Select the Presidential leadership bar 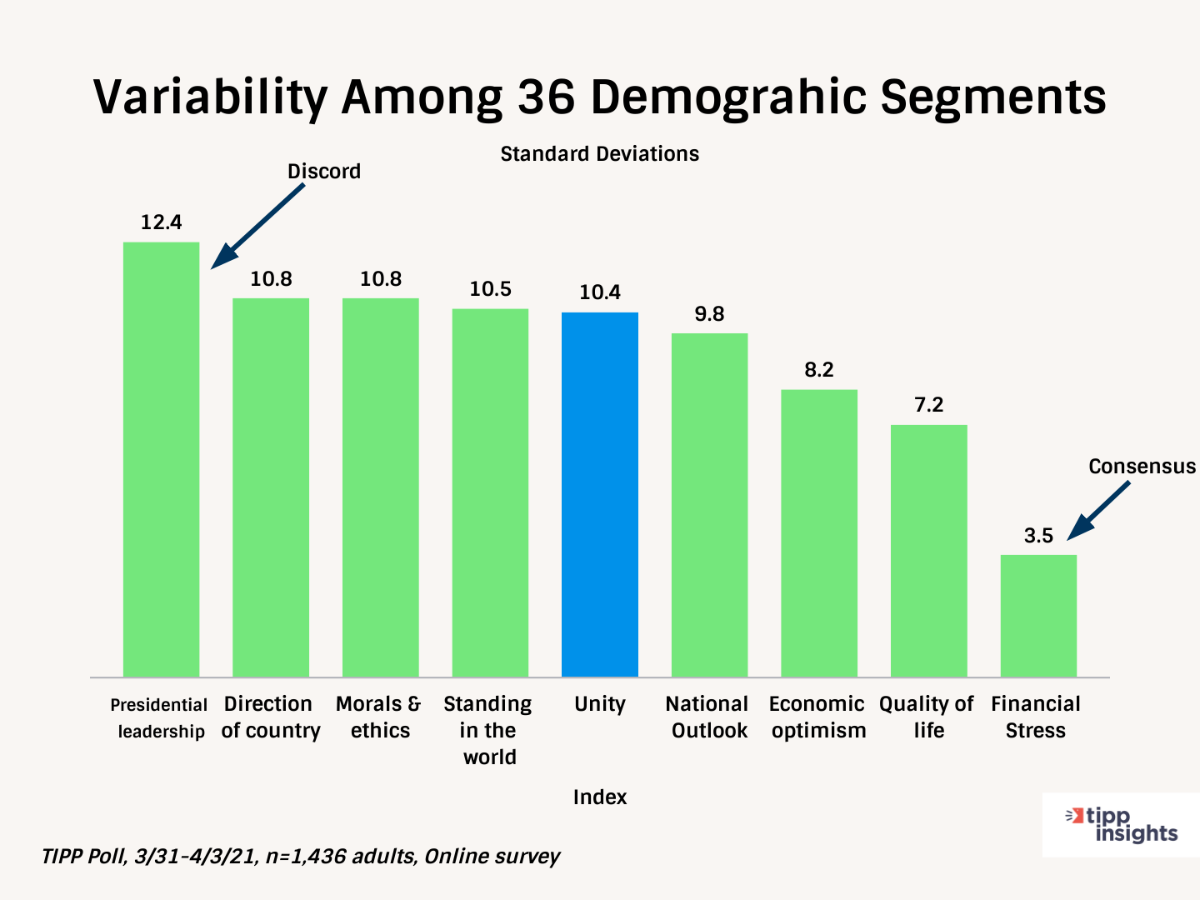[x=161, y=459]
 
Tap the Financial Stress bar [x=1038, y=616]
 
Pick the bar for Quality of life [x=928, y=551]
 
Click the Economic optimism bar [x=819, y=533]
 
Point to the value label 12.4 [x=161, y=222]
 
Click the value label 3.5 [x=1038, y=536]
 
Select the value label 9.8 [x=709, y=314]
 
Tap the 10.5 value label [x=490, y=289]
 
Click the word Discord [x=324, y=172]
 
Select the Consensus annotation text [x=1142, y=467]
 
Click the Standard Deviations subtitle [x=599, y=154]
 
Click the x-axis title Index [x=600, y=797]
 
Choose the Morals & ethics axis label [x=380, y=717]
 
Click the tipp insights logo [x=1121, y=825]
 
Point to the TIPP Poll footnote [x=300, y=857]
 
